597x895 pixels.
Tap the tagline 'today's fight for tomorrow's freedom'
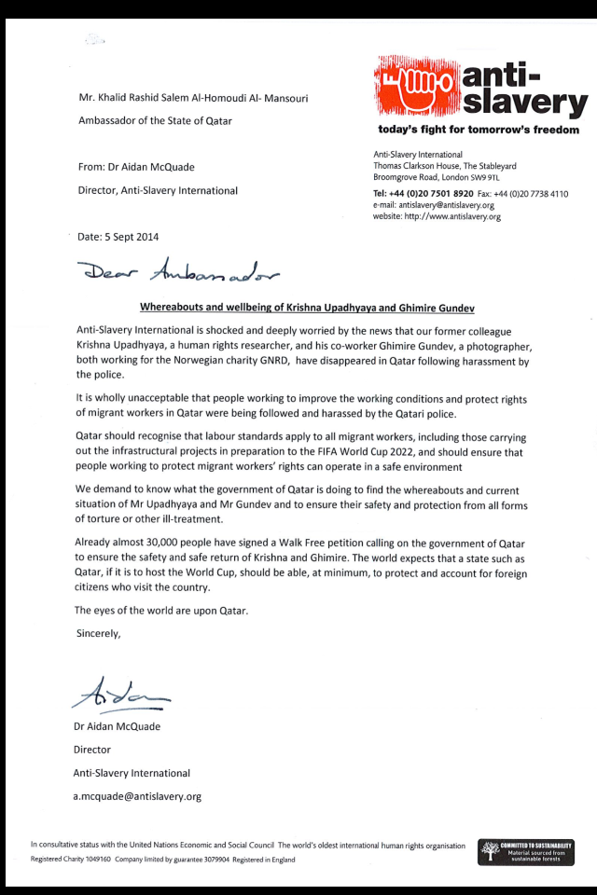point(478,130)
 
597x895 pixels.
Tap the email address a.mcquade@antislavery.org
point(137,796)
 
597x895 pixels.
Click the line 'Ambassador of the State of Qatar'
point(155,121)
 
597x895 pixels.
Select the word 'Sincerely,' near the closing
point(98,633)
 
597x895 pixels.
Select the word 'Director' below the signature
point(92,749)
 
